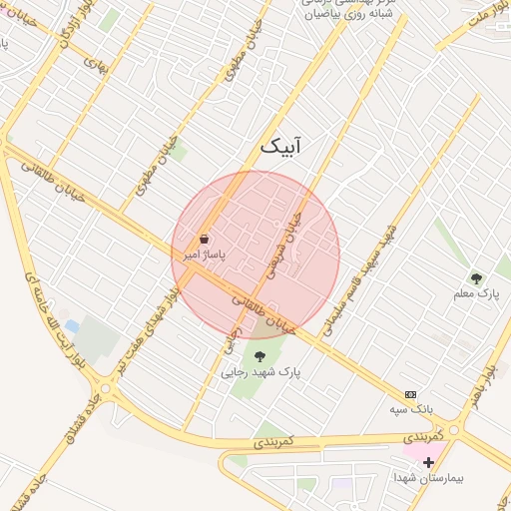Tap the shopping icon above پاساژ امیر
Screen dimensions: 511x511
pos(205,240)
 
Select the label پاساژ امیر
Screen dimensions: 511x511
pos(205,255)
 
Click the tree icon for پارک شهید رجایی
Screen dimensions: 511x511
pos(260,356)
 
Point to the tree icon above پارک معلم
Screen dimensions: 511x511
pos(476,278)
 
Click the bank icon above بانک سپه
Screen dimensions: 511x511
pos(410,395)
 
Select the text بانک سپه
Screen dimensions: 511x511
pos(410,409)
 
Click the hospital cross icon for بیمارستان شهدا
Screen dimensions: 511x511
pos(429,462)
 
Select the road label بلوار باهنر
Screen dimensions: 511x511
pos(486,385)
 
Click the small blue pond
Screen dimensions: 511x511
pos(72,326)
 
